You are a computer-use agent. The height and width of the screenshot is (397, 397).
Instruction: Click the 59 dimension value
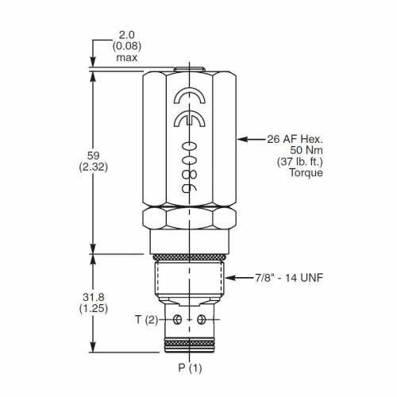tap(93, 156)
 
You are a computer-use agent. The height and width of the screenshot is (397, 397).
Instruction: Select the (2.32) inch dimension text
tap(94, 168)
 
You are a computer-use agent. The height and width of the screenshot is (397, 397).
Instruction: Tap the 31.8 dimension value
tap(94, 297)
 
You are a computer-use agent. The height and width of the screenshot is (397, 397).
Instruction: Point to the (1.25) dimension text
tap(94, 309)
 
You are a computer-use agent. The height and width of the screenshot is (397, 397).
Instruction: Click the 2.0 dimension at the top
tap(127, 35)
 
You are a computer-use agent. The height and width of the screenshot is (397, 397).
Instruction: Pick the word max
tap(127, 58)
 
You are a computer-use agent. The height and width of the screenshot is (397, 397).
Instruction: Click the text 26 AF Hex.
tap(295, 139)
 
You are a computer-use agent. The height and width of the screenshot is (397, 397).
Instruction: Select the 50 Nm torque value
tap(306, 150)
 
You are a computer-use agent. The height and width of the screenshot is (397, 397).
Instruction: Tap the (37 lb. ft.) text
tap(300, 161)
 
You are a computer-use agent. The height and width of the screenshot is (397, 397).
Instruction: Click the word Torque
tap(306, 172)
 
